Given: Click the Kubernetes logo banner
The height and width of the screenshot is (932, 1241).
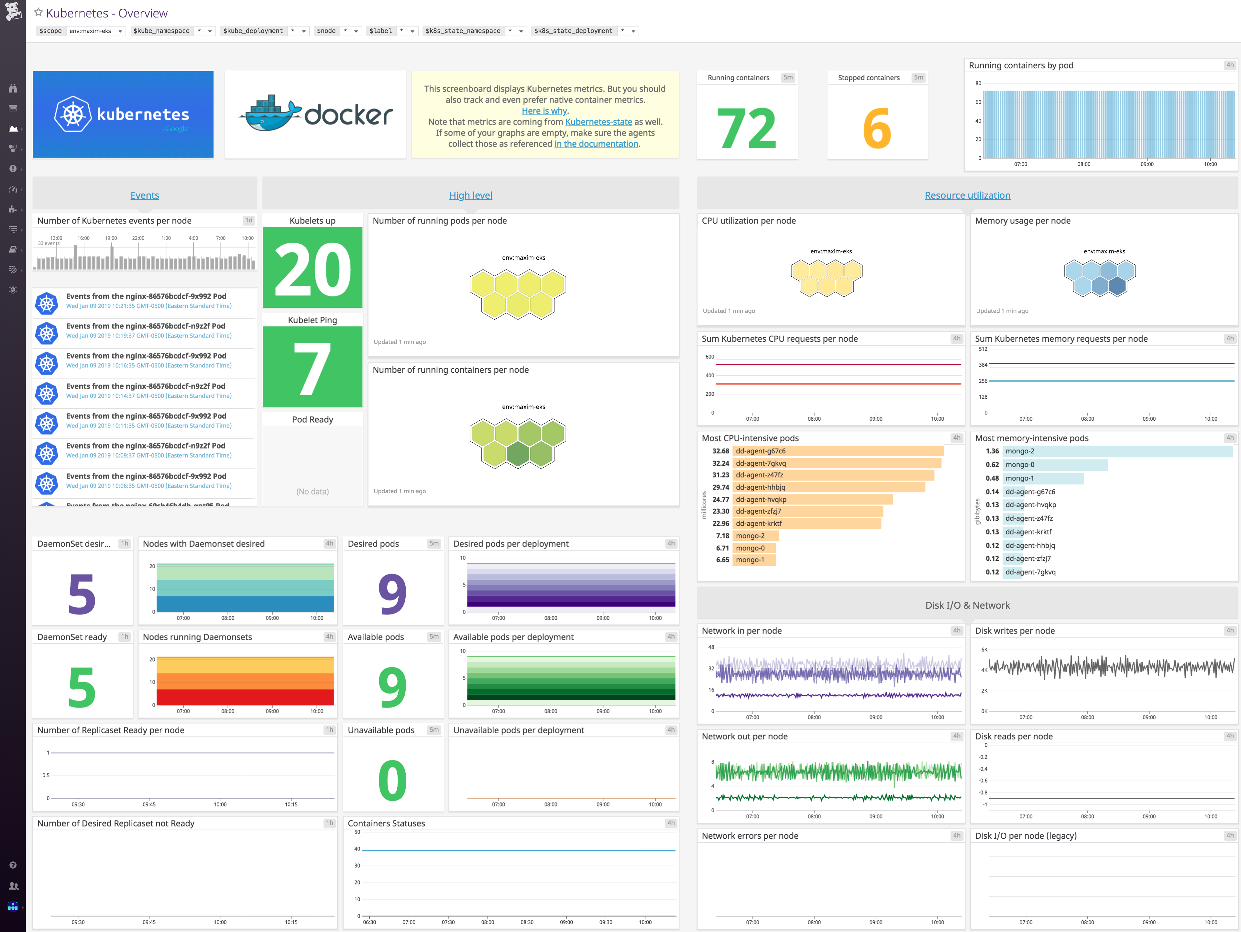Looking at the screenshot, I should coord(123,115).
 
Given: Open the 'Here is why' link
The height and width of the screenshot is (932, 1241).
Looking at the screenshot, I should coord(544,111).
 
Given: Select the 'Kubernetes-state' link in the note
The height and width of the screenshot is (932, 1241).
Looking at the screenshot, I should coord(598,122).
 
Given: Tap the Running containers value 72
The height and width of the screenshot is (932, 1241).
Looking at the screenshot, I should coord(747,128).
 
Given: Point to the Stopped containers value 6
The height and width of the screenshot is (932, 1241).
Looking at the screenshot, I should coord(877,128).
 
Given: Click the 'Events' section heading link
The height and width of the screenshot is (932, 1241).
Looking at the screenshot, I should coord(145,195).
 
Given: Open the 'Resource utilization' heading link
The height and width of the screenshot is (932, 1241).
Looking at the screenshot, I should coord(967,195).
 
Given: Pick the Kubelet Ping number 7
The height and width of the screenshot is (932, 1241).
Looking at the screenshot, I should coord(313,368).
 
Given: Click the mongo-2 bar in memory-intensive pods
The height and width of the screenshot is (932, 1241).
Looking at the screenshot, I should coord(1116,451).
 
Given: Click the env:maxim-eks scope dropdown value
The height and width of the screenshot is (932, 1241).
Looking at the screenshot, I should coord(95,31).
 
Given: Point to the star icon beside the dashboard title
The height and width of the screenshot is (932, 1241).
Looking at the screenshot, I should coord(38,12).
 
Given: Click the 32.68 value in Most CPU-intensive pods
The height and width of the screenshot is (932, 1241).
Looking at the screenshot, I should coord(720,451).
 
